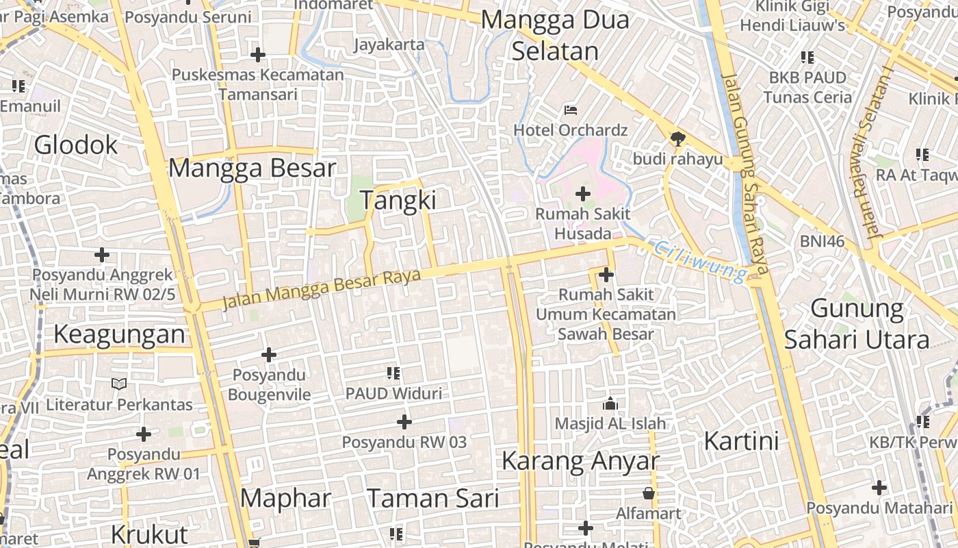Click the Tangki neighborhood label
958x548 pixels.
398,200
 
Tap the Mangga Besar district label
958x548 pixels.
253,168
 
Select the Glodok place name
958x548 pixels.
76,145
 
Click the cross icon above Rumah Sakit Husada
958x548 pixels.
582,195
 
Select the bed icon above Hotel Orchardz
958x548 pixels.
571,110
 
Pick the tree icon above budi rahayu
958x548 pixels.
677,139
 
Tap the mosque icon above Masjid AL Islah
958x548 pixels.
610,403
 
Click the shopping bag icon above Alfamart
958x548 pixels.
648,493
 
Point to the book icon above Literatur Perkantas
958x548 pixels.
119,384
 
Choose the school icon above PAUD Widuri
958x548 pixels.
393,373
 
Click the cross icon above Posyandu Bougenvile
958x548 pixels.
269,355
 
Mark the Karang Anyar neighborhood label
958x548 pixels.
580,461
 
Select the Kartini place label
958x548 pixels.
742,440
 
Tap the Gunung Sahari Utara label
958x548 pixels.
857,323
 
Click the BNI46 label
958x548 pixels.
822,241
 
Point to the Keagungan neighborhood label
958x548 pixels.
119,334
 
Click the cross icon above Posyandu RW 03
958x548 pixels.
404,421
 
